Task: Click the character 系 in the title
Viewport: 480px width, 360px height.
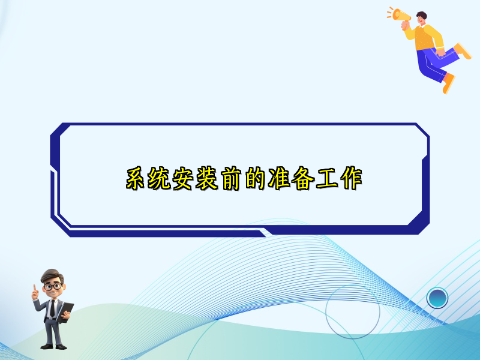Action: coord(137,179)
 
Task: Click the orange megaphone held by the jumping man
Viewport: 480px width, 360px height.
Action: coord(400,16)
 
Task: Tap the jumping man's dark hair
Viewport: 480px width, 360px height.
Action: coord(422,14)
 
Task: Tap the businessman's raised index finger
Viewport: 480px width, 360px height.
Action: coord(35,288)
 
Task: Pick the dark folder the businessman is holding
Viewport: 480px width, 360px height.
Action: coord(67,310)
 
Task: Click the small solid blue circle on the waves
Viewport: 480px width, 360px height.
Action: coord(437,297)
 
